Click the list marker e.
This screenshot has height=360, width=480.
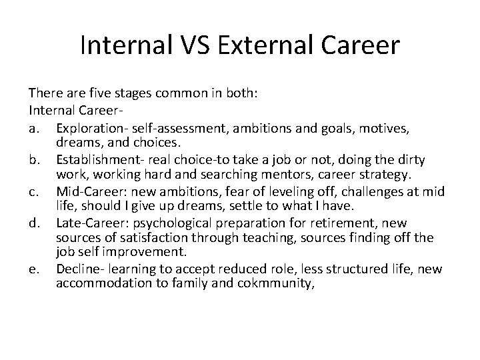pyautogui.click(x=34, y=269)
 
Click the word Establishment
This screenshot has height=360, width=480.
pyautogui.click(x=97, y=159)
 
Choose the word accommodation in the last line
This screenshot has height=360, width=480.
pyautogui.click(x=99, y=282)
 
